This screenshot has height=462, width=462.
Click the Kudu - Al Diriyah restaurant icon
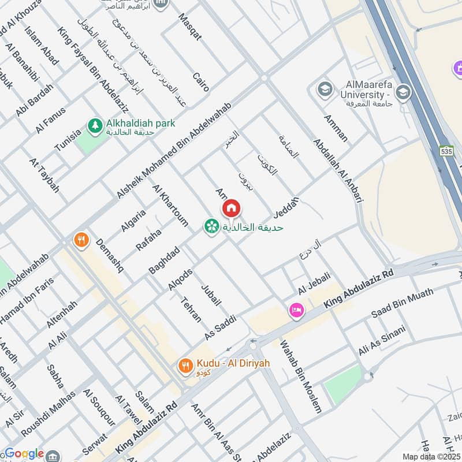click(185, 364)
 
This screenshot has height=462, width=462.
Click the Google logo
click(24, 453)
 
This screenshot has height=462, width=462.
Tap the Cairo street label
click(200, 82)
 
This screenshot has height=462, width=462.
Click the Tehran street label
click(191, 310)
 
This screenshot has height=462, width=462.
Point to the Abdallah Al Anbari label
click(337, 170)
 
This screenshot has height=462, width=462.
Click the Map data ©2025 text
click(430, 456)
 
